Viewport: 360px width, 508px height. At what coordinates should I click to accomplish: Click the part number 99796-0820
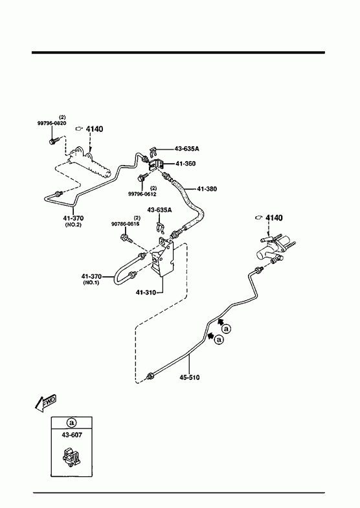click(x=52, y=123)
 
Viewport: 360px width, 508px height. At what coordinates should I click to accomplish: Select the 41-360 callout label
click(x=186, y=164)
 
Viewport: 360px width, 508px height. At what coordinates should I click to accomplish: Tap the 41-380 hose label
click(x=207, y=189)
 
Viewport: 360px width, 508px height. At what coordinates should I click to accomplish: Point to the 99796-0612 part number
click(x=142, y=194)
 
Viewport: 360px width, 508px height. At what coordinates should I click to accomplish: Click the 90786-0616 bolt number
click(x=125, y=224)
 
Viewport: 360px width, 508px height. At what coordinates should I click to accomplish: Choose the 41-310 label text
click(x=146, y=293)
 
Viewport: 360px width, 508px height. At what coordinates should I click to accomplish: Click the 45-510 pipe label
click(x=190, y=377)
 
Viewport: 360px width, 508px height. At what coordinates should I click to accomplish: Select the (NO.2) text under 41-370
click(x=73, y=225)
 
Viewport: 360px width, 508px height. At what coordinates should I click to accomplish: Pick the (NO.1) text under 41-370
click(x=91, y=283)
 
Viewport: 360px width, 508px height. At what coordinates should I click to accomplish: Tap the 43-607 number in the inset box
click(x=72, y=435)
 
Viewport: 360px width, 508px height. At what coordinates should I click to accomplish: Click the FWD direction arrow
click(x=45, y=403)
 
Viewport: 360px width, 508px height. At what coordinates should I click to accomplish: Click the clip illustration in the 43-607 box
click(x=71, y=458)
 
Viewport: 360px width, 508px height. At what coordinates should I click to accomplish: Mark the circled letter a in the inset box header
click(x=72, y=423)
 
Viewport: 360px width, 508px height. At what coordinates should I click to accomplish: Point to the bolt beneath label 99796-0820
click(x=54, y=141)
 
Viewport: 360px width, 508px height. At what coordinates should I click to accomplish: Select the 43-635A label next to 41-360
click(x=187, y=149)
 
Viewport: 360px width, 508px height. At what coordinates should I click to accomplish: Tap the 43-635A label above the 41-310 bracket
click(x=159, y=210)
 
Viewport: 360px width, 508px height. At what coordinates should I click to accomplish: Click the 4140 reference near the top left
click(x=95, y=129)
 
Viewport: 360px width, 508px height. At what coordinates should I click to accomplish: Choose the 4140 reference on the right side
click(x=274, y=217)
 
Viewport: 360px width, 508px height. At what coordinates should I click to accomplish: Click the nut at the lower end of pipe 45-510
click(x=150, y=376)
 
